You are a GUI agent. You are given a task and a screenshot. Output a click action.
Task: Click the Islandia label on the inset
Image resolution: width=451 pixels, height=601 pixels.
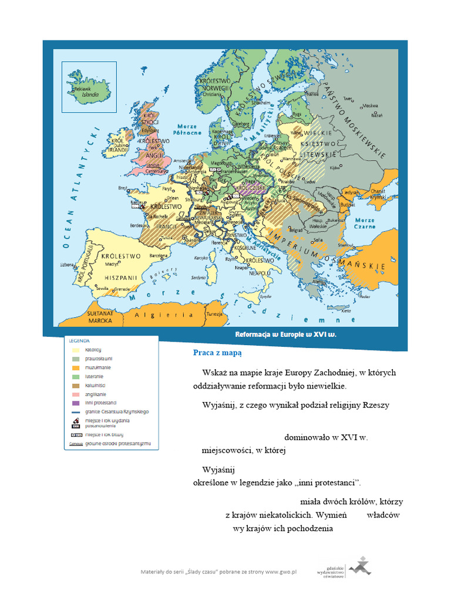tap(89, 94)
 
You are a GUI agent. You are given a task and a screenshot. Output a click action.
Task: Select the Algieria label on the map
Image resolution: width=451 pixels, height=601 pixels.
tap(156, 315)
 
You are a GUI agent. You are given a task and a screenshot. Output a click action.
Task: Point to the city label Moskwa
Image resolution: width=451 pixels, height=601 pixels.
tap(371, 106)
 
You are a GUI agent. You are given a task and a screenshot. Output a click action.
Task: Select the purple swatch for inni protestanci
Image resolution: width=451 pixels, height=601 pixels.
tap(75, 403)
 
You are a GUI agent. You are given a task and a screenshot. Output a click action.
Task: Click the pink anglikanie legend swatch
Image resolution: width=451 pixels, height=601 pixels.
tap(75, 394)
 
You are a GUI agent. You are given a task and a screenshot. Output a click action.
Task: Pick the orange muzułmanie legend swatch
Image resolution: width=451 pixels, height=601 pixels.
tap(75, 367)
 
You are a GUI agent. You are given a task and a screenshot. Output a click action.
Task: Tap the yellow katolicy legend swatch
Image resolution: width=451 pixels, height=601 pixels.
tap(75, 349)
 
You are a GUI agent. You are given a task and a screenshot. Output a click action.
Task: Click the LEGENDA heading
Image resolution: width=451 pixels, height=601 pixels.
tap(79, 340)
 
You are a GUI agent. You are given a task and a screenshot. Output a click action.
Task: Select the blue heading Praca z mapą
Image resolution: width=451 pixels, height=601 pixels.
tap(217, 353)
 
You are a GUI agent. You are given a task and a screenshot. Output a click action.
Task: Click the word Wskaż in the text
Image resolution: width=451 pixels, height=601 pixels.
tap(214, 373)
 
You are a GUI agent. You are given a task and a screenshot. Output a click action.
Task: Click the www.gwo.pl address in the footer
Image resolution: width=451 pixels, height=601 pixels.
tap(281, 571)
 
